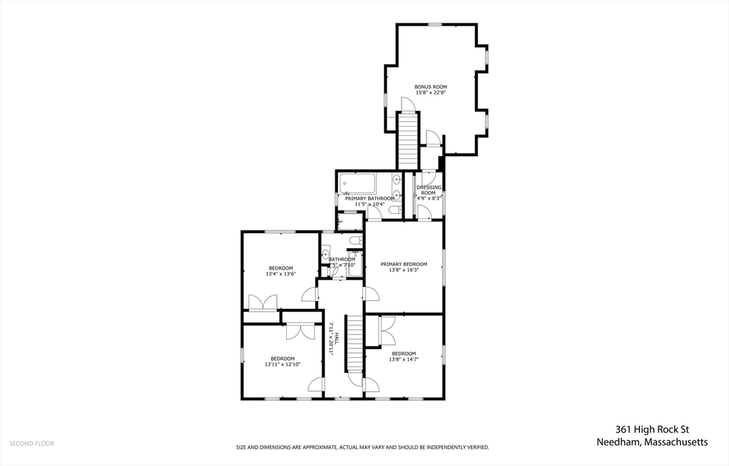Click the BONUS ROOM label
pos(431,87)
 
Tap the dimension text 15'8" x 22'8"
pos(431,92)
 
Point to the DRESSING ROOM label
pos(429,190)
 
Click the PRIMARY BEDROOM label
pos(404,264)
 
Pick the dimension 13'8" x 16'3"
pos(404,270)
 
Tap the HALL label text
pos(337,340)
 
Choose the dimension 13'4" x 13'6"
pos(280,274)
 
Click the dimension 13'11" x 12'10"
pos(283,364)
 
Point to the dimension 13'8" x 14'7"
pos(404,359)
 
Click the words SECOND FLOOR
pos(31,443)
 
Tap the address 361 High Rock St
pos(652,430)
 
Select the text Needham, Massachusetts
pos(652,443)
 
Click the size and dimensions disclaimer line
pos(362,448)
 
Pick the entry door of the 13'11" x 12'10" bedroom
pos(315,385)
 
